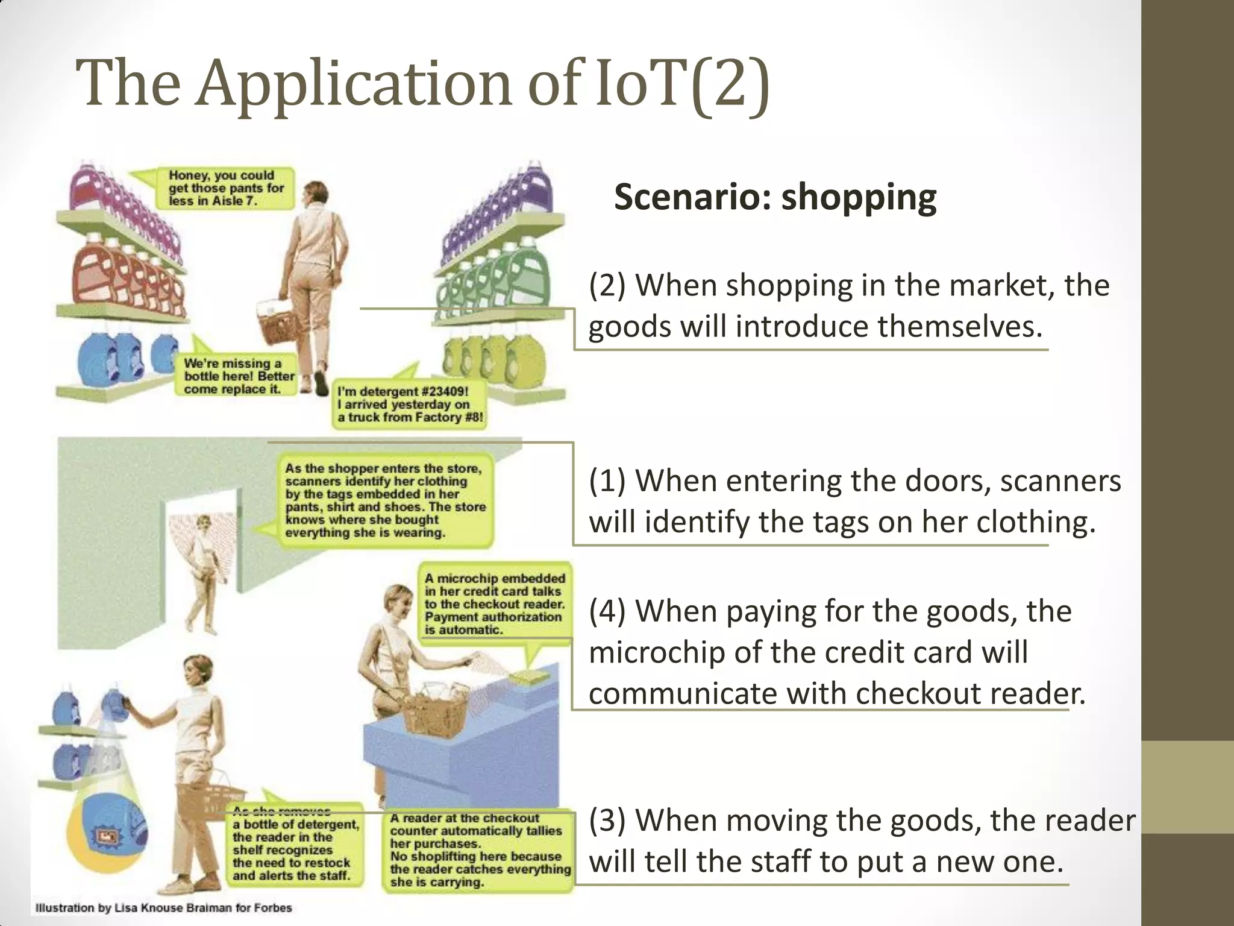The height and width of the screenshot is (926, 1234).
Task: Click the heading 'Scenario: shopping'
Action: (x=775, y=197)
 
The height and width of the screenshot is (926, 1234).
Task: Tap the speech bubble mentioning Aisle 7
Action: (x=222, y=188)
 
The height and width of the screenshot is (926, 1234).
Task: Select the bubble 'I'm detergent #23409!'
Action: (x=410, y=405)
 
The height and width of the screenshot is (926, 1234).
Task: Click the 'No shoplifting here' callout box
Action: (x=479, y=850)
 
